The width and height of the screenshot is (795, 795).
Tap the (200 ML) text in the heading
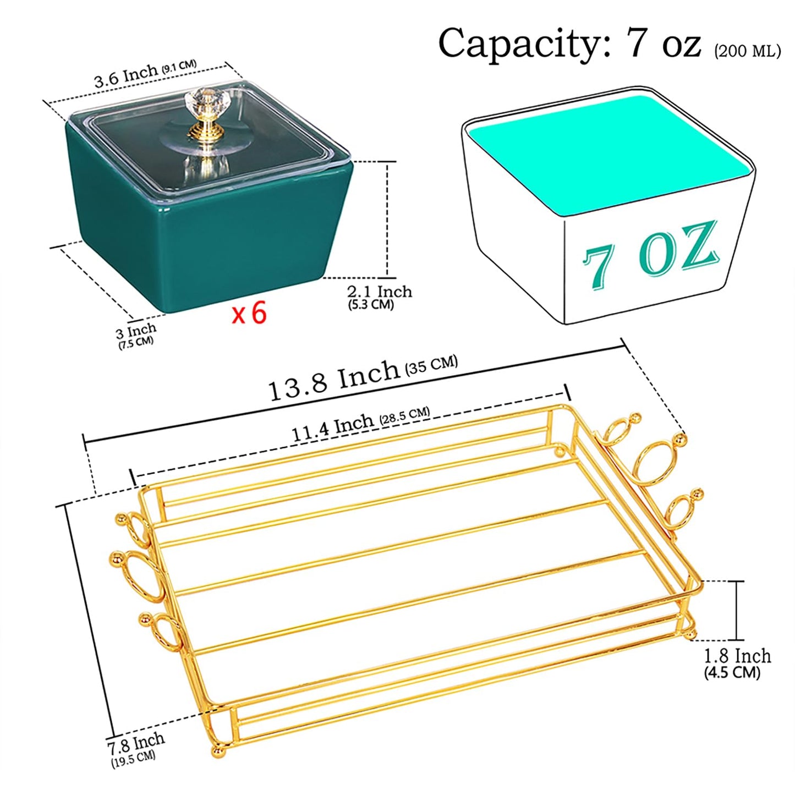pos(747,51)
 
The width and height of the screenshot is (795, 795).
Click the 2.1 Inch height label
pos(379,292)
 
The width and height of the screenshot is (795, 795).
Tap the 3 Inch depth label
pos(136,331)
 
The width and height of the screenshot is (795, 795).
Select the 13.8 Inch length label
pos(334,380)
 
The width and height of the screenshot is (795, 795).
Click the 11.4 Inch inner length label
pos(332,430)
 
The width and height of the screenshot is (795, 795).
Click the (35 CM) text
pos(431,364)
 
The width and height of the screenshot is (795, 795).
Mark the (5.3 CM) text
pos(371,304)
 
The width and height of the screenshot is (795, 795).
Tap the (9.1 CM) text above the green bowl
pos(179,67)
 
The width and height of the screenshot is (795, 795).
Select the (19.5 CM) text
pos(133,769)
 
